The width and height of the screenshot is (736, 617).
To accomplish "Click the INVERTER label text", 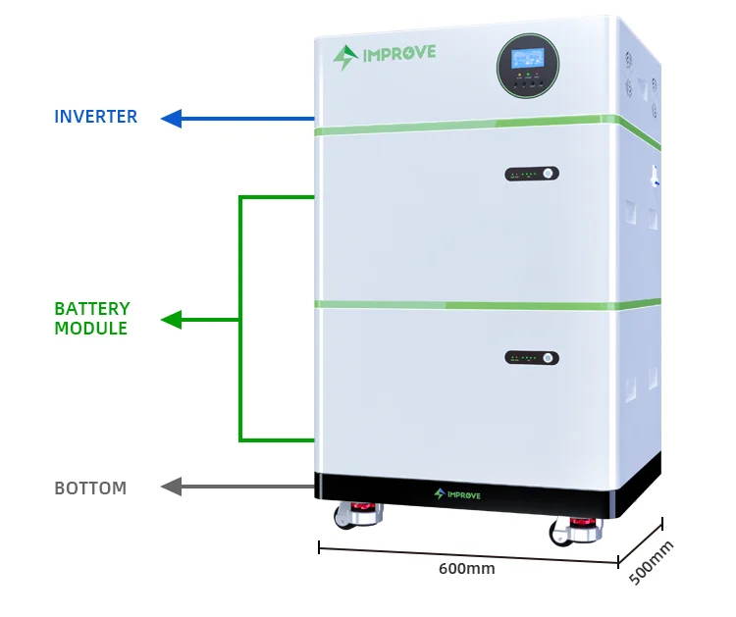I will pos(95,117).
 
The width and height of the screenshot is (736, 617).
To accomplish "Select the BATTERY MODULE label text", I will pos(91,319).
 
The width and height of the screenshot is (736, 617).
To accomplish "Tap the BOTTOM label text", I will pos(90,488).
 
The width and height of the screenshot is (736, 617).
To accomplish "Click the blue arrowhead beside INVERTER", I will pos(172,119).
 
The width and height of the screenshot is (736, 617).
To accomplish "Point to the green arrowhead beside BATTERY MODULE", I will pos(172,320).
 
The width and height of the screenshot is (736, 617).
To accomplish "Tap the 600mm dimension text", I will pos(466,568).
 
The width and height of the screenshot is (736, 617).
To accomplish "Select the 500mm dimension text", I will pos(652,562).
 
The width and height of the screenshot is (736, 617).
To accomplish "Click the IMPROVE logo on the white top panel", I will pos(385,55).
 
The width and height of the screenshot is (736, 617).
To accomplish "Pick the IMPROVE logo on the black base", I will pos(457,493).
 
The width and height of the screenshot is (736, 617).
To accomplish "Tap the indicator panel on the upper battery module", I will pos(532,174).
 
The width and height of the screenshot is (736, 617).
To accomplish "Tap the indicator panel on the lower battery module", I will pos(532,358).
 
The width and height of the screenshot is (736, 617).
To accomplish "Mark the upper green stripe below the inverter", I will pos(471,126).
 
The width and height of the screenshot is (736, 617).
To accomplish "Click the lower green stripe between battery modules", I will pos(471,303).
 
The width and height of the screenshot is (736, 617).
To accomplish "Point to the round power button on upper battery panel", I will pos(550,174).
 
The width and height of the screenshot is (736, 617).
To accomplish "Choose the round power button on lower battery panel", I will pos(550,358).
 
